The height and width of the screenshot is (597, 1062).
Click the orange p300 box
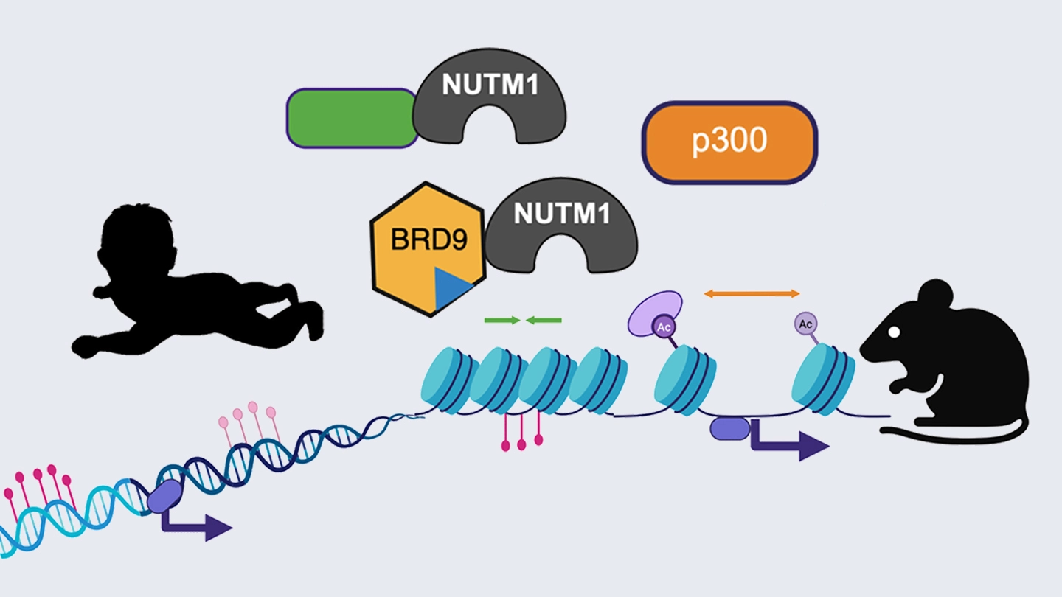click(x=730, y=142)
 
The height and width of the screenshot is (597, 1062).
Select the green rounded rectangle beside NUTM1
click(x=351, y=118)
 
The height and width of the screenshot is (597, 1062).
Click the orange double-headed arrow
click(x=752, y=293)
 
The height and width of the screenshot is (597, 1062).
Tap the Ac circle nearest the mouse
click(x=805, y=323)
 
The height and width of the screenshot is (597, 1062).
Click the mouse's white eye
click(x=894, y=332)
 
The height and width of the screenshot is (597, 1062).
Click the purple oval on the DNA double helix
click(x=164, y=495)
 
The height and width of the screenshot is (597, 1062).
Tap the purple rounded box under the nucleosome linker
click(x=729, y=429)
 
